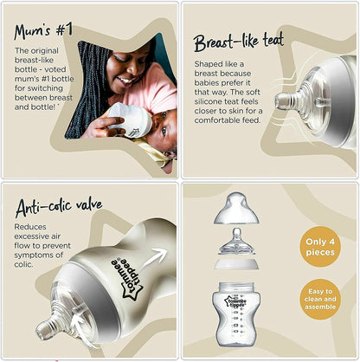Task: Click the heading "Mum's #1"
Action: [x=43, y=31]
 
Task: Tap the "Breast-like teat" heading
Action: [x=239, y=42]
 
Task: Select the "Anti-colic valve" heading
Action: [x=59, y=207]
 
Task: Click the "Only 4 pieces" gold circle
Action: [x=320, y=247]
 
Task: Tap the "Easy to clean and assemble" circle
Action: [x=320, y=299]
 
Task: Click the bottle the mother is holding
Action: [x=132, y=120]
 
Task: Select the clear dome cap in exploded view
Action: [x=236, y=209]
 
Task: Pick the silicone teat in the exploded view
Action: [x=236, y=242]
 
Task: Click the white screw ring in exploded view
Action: [x=236, y=263]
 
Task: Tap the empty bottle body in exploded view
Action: [x=236, y=314]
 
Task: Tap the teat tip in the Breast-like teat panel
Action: [x=280, y=101]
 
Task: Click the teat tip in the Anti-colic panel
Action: [x=42, y=330]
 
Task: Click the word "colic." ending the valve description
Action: [x=24, y=264]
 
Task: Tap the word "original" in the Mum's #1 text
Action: [x=44, y=51]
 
